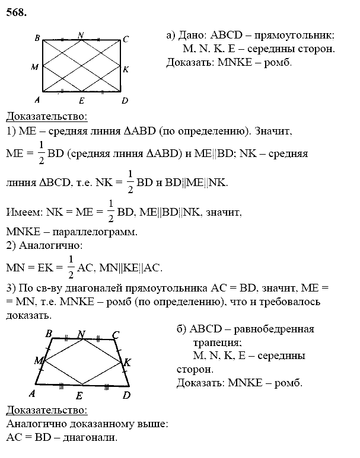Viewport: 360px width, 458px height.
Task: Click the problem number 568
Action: (16, 12)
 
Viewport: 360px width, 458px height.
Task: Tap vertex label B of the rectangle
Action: (37, 39)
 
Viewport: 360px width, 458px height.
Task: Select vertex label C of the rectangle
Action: (126, 40)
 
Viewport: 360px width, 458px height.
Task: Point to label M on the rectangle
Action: (34, 68)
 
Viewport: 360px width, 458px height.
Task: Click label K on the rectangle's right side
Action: (126, 69)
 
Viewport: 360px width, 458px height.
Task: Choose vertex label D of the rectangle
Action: (125, 100)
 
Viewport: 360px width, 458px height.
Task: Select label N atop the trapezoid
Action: (82, 332)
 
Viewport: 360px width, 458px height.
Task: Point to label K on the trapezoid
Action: (128, 361)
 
